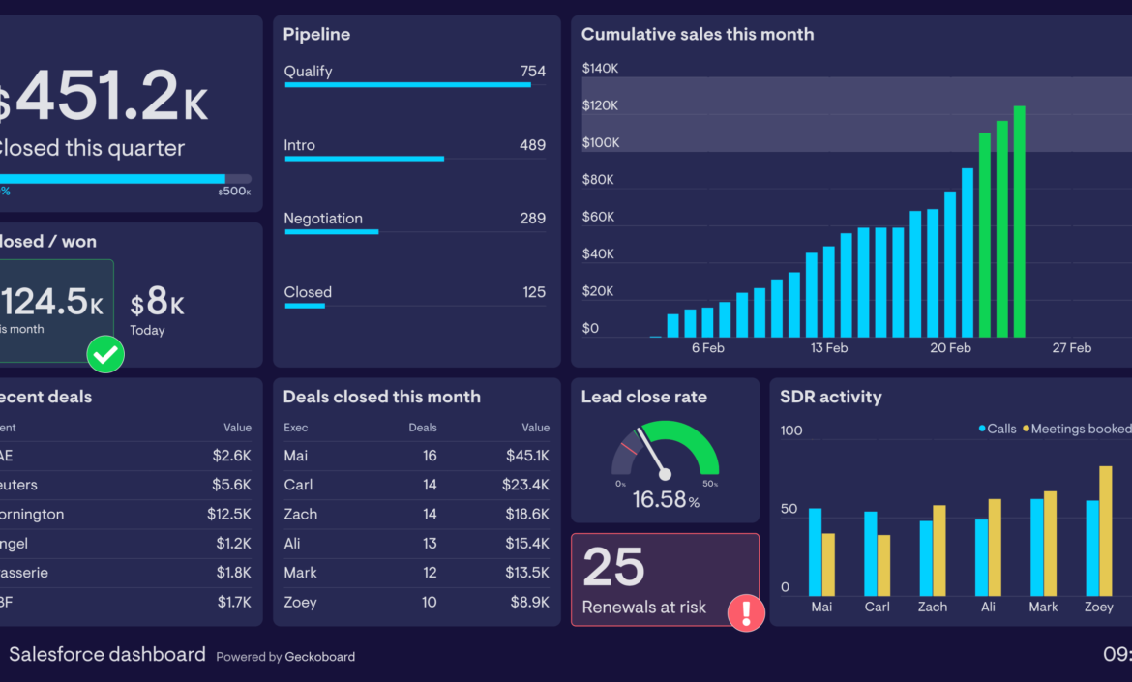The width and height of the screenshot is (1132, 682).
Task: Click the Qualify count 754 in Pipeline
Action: [532, 72]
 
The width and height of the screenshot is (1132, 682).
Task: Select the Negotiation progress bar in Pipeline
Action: [331, 232]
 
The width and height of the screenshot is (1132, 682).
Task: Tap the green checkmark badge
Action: [105, 354]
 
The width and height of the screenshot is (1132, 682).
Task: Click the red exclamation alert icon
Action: [746, 612]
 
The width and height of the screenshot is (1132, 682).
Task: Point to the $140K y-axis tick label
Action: [600, 68]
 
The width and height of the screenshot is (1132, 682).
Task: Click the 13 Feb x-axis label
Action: [829, 348]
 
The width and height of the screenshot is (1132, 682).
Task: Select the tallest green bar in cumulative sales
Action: [1019, 222]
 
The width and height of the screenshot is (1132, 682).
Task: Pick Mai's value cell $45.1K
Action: [527, 456]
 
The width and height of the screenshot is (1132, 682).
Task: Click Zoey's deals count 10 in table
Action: [429, 602]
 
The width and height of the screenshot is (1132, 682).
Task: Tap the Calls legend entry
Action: [997, 429]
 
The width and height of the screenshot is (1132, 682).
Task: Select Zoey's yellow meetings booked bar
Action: [1106, 531]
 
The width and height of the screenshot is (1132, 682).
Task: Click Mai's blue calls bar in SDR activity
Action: [815, 551]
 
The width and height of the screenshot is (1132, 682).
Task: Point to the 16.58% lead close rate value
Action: [665, 500]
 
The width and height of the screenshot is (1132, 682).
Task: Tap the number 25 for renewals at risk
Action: [613, 567]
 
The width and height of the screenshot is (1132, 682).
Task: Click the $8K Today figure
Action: [158, 306]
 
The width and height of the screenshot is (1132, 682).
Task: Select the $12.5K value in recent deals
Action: [228, 515]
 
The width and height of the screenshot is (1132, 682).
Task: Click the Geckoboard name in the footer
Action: [319, 657]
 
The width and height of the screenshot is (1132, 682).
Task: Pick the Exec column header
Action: [295, 428]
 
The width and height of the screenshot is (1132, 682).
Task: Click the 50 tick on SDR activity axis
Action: [789, 509]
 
